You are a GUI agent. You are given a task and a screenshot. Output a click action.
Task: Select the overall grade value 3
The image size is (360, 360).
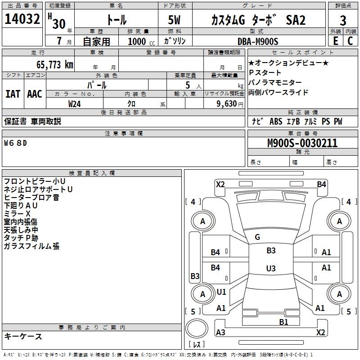click(x=343, y=21)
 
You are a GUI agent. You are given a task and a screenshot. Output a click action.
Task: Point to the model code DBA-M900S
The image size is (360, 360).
click(x=258, y=41)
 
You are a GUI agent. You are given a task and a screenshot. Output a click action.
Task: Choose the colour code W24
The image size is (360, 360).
click(x=75, y=104)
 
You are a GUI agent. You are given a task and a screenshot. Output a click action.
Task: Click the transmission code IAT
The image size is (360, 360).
click(x=13, y=94)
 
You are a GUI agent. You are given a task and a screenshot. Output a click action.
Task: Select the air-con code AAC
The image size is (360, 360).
click(x=34, y=94)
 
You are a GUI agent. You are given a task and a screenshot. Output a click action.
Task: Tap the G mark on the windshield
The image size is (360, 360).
click(x=257, y=237)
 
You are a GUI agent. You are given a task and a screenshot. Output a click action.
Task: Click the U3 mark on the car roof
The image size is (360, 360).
click(x=270, y=269)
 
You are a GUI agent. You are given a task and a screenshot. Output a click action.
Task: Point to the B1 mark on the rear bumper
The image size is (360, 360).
click(x=283, y=322)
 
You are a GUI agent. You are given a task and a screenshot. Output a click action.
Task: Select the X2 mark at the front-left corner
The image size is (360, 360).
click(x=220, y=184)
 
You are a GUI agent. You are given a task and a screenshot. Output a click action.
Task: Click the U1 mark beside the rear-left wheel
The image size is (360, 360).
click(x=221, y=292)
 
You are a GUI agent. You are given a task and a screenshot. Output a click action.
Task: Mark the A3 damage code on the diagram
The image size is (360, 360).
click(x=220, y=333)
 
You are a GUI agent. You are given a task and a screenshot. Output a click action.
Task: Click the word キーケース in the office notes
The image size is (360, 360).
click(x=23, y=337)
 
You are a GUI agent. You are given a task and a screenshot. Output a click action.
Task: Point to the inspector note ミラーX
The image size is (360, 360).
click(x=17, y=213)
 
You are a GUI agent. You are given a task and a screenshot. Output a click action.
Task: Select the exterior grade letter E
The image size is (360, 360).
click(x=335, y=41)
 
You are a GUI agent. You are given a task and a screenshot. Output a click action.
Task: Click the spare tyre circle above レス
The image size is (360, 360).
click(x=197, y=329)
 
